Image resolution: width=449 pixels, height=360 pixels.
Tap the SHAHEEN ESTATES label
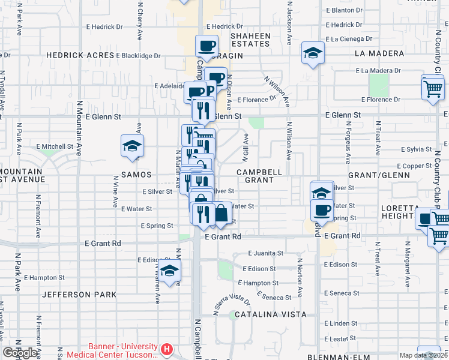(250, 40)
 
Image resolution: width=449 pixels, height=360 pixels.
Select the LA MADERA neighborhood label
(379, 53)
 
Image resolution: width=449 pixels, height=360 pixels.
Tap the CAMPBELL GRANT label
(259, 176)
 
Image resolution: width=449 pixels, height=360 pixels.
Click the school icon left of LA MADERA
(313, 53)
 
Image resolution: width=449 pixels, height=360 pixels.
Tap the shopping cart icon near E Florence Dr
(433, 89)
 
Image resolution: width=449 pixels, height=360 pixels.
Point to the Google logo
(21, 353)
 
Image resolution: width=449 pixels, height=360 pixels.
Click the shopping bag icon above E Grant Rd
(221, 213)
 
